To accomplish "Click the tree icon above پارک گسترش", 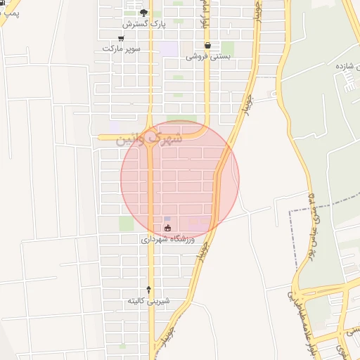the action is coord(144,13).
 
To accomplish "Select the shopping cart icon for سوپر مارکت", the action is coord(121,39).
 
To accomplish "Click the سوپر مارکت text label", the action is coord(121,49).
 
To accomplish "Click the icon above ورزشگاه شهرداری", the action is coord(167,227).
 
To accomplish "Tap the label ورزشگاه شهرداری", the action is coord(167,239).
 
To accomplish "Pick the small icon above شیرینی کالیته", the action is coord(148,289).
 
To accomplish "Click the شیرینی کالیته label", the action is coord(148,300).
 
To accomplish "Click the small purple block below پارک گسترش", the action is coord(168,49).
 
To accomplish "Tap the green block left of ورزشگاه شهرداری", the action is coord(126,224).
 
